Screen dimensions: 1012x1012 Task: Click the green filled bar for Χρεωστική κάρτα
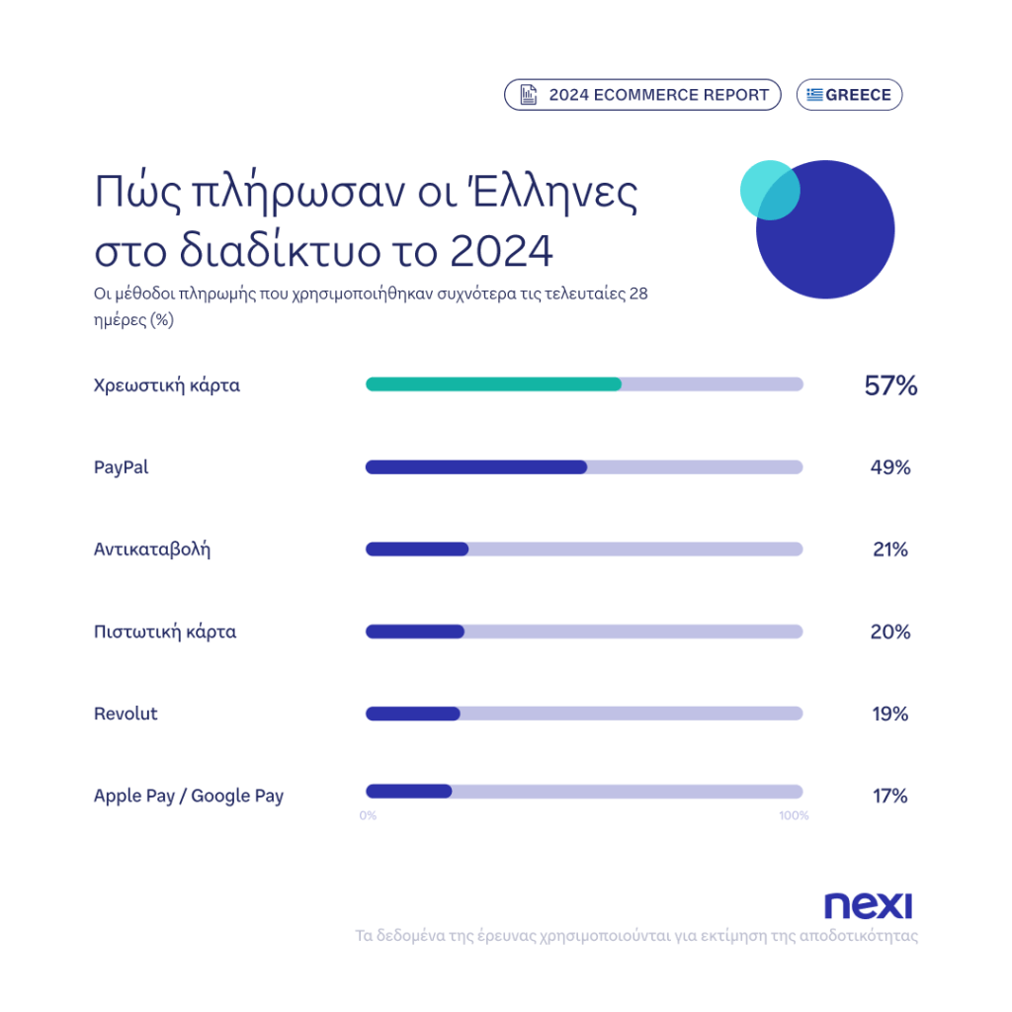(x=493, y=384)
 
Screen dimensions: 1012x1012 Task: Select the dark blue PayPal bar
(x=476, y=466)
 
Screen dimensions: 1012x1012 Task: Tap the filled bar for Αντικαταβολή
(x=417, y=549)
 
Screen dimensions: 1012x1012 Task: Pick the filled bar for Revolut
(x=413, y=714)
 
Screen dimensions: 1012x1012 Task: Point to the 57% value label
(x=890, y=385)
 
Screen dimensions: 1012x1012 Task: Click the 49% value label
(x=889, y=467)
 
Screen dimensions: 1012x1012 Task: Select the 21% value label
(x=889, y=549)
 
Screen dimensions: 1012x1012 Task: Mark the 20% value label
(x=889, y=632)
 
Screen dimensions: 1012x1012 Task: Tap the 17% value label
(x=889, y=796)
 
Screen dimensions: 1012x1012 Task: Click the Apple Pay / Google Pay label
(x=188, y=796)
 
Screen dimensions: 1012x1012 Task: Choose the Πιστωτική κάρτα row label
(x=165, y=632)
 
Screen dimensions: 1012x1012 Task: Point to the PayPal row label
(x=121, y=467)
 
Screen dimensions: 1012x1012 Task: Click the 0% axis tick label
(x=368, y=816)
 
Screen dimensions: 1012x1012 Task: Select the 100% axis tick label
(x=794, y=816)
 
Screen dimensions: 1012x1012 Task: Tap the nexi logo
(x=868, y=905)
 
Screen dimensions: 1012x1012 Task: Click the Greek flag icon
(x=815, y=95)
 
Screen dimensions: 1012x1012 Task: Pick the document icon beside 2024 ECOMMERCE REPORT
(x=529, y=95)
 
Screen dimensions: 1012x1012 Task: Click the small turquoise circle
(x=766, y=188)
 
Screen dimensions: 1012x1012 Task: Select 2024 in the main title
(x=500, y=252)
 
